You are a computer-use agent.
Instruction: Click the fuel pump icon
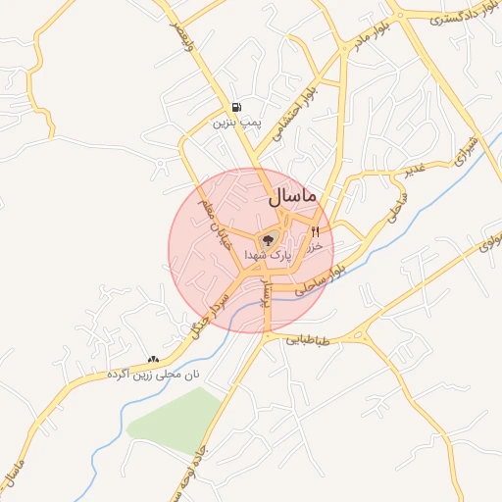[x=236, y=108]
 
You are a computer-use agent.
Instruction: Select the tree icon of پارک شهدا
[x=267, y=239]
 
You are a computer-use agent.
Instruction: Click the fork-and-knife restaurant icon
[x=315, y=232]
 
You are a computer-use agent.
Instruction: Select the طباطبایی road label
[x=310, y=341]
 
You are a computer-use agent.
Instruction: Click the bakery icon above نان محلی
[x=152, y=359]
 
